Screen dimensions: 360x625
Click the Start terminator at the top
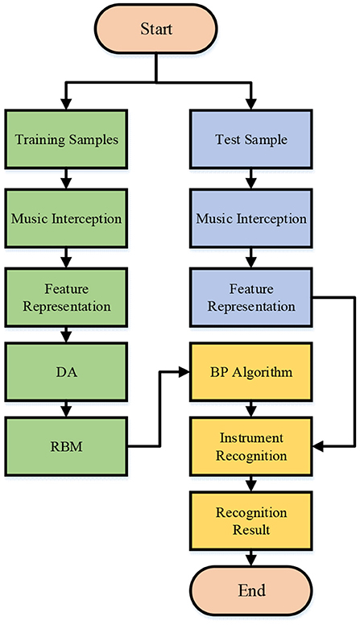(156, 29)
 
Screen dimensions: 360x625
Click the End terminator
(251, 590)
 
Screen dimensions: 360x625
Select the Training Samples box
(66, 139)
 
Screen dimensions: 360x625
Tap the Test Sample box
(251, 139)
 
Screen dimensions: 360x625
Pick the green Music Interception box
(66, 218)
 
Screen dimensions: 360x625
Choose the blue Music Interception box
(251, 218)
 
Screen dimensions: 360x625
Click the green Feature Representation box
(66, 297)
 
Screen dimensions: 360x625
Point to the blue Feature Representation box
(251, 297)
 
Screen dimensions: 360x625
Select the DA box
(66, 372)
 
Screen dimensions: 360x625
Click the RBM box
(66, 446)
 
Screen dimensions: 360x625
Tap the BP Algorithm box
(251, 372)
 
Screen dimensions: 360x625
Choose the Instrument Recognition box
(251, 446)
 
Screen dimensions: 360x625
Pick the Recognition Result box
(251, 521)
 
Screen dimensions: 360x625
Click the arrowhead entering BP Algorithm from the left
(184, 372)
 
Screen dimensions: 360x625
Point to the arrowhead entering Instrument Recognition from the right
(318, 446)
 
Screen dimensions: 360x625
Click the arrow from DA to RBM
(67, 409)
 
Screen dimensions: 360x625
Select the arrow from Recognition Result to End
(251, 558)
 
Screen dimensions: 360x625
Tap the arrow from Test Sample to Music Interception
(251, 179)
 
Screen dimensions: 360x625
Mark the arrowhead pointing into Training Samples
(67, 105)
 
